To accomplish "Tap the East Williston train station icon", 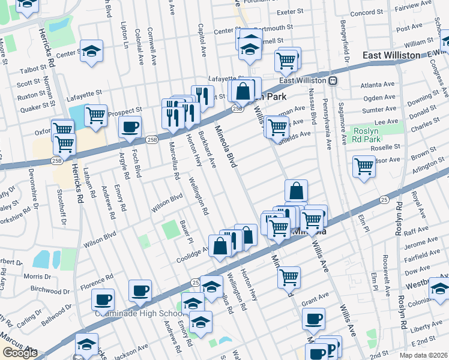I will pos(332,80).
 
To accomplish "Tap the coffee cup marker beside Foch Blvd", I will pos(130,127).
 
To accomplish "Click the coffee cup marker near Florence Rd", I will pos(103,298).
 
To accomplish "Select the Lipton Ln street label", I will pos(125,36).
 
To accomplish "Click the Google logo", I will pos(19,353).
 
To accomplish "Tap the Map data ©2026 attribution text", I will pos(423,355).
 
